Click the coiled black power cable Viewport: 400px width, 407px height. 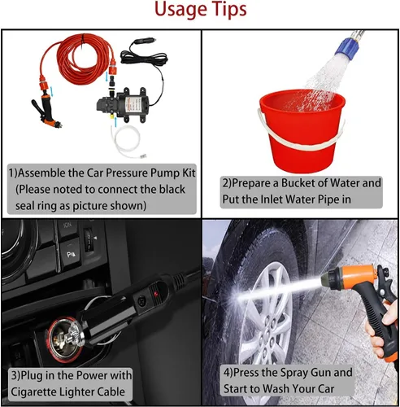click(x=144, y=59)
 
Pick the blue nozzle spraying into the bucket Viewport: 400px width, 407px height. click(x=347, y=45)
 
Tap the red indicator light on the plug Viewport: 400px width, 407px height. click(x=155, y=294)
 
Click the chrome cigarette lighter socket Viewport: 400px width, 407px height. click(x=65, y=339)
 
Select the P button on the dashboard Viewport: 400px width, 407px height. click(x=70, y=255)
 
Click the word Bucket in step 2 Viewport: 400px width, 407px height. click(x=298, y=183)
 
